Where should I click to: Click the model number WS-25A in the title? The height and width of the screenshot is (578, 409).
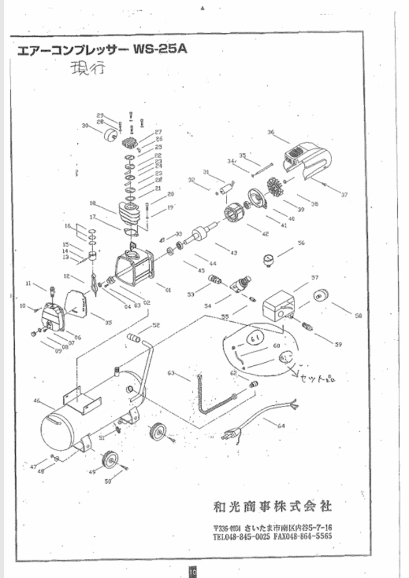159,49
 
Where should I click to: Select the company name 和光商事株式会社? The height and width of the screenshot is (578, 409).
272,505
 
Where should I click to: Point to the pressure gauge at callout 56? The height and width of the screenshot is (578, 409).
269,261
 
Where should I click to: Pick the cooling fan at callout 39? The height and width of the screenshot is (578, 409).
275,187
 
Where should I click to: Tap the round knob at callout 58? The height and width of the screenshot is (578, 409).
321,295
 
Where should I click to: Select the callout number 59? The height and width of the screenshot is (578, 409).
338,344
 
